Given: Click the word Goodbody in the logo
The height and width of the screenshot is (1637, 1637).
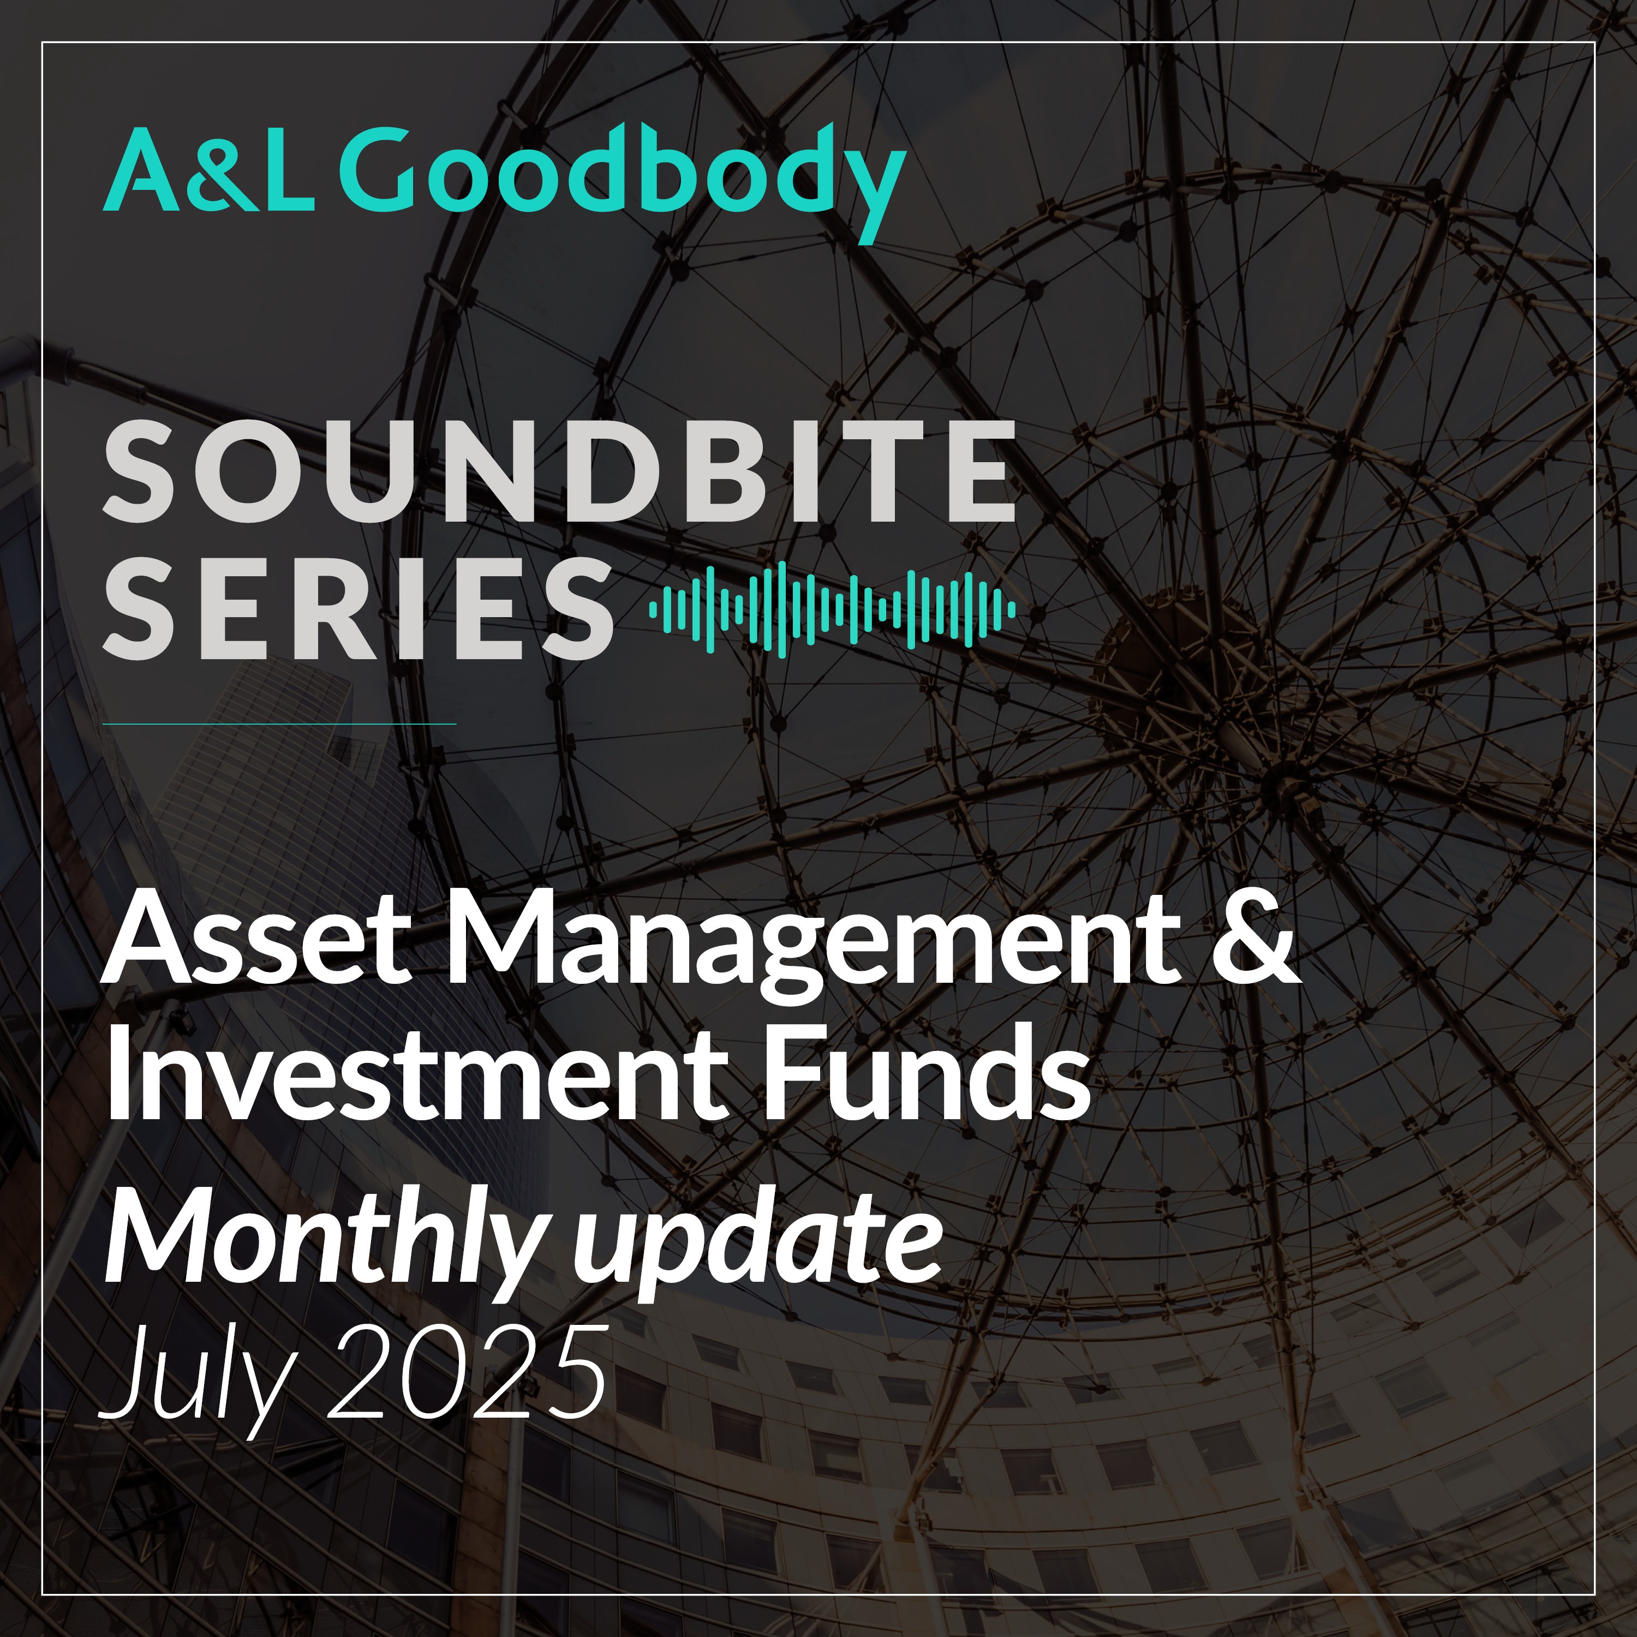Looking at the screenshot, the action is pyautogui.click(x=623, y=180).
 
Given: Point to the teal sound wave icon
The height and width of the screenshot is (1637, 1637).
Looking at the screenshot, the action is pyautogui.click(x=832, y=608).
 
